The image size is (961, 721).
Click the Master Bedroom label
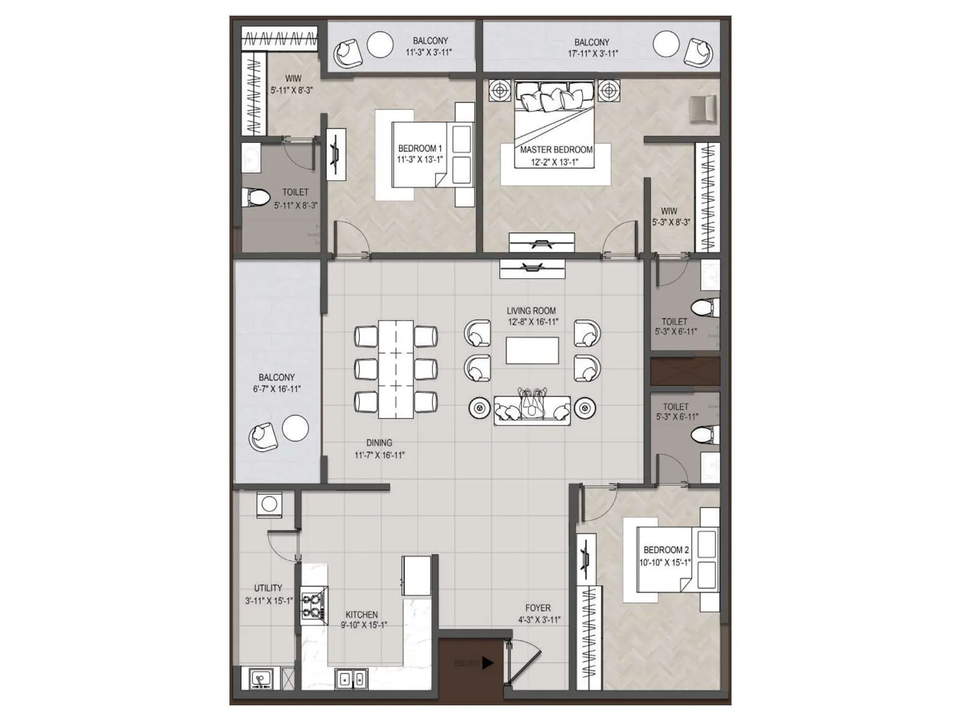pos(556,150)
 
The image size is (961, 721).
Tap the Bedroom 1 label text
pos(420,148)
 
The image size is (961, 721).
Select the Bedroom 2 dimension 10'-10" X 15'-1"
pos(665,562)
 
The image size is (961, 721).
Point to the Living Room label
pos(531,311)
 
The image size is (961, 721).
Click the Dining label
pos(379,443)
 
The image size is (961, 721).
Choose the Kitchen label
pos(362,615)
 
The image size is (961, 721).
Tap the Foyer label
pos(538,608)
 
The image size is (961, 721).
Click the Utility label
pos(268,588)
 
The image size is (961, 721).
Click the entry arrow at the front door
pos(488,663)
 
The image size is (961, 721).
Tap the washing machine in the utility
pos(269,504)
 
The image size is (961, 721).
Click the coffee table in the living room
pos(532,351)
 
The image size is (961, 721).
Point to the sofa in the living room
pos(532,410)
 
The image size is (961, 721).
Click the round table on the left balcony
pos(296,428)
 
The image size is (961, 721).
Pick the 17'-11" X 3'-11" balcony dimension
pos(592,53)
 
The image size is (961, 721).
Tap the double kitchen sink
pos(352,679)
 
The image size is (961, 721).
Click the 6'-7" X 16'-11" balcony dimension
pos(276,389)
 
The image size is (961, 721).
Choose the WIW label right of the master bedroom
pos(669,211)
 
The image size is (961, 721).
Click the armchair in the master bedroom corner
pos(702,109)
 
